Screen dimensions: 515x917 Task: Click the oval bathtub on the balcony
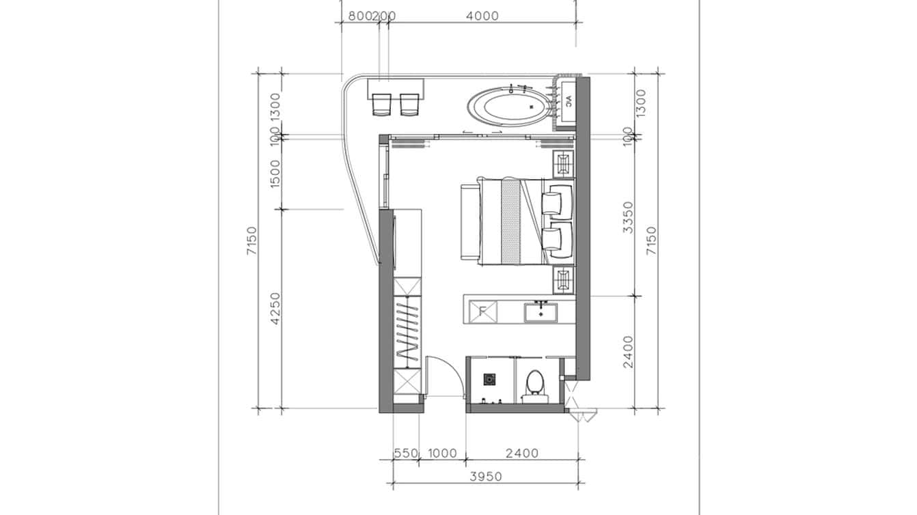tap(509, 108)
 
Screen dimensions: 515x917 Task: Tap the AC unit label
tap(566, 102)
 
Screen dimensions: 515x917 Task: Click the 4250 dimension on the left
tap(275, 309)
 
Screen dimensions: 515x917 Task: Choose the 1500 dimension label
tap(275, 174)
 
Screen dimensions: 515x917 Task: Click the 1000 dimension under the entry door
tap(442, 453)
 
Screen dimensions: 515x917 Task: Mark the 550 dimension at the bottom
tap(405, 453)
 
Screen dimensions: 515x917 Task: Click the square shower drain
tap(490, 378)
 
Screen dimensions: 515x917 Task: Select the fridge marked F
tap(482, 312)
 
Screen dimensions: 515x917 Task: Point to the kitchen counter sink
tap(542, 313)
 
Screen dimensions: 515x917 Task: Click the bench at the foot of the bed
tap(468, 222)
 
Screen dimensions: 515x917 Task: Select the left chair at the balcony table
tap(381, 105)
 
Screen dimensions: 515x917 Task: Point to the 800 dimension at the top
tap(359, 16)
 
